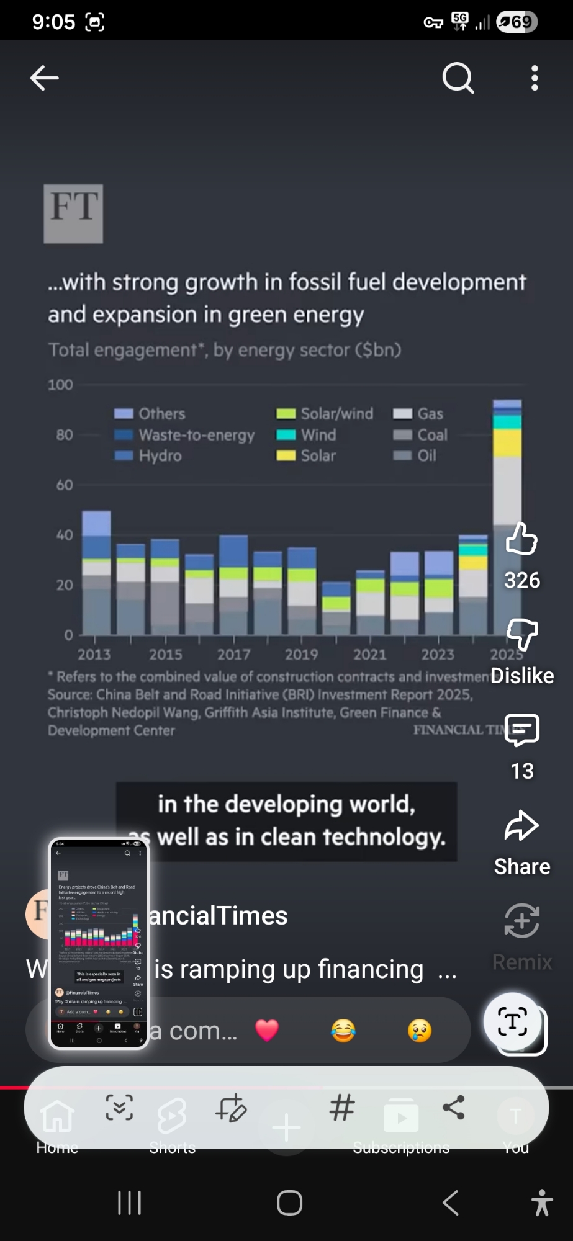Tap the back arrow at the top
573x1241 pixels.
(44, 78)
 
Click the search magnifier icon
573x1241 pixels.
(458, 78)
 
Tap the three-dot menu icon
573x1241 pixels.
(535, 78)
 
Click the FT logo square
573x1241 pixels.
(73, 213)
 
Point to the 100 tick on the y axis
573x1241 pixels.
(60, 385)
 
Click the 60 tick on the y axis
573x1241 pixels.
(65, 485)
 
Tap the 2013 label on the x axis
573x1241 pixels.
(94, 655)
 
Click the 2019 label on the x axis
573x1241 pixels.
(301, 655)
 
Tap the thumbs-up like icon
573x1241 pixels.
(521, 538)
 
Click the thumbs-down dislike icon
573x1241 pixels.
(521, 634)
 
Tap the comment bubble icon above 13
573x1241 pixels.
(521, 730)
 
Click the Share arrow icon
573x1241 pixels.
(521, 826)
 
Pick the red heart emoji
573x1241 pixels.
(267, 1031)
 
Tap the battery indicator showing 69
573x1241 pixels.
(517, 22)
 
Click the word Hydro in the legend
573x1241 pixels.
(160, 456)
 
